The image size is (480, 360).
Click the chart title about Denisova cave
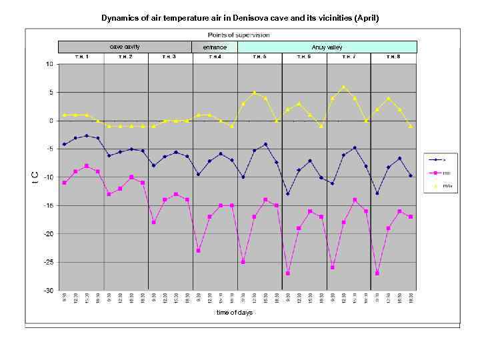click(x=239, y=18)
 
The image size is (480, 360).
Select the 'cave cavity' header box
click(x=124, y=47)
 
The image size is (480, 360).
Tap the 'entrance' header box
click(x=215, y=47)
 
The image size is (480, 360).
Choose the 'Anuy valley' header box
click(x=327, y=47)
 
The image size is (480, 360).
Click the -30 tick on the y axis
click(x=49, y=291)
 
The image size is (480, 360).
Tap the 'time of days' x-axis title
click(x=234, y=312)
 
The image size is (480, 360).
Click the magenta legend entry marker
click(x=435, y=173)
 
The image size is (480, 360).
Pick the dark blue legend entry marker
click(x=435, y=159)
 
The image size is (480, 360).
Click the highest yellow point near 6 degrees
click(x=343, y=87)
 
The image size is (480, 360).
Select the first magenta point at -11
click(x=64, y=183)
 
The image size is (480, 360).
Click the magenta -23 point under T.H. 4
click(x=198, y=251)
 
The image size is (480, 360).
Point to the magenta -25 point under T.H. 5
click(x=243, y=262)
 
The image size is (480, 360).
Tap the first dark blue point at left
click(x=64, y=144)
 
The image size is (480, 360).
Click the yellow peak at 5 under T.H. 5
click(x=254, y=93)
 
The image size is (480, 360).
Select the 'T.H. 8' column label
click(x=394, y=57)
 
